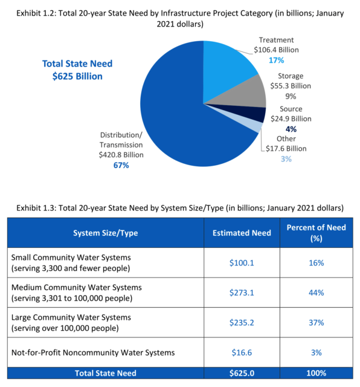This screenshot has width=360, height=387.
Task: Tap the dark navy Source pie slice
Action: coord(257,114)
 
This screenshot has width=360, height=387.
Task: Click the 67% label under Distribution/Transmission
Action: coord(121,165)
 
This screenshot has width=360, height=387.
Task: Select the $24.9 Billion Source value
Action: coord(292,119)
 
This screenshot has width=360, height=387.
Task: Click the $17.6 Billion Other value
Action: coord(286,149)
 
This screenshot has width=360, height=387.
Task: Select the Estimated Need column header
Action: coord(242,233)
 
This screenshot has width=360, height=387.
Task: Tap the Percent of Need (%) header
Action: coord(316,233)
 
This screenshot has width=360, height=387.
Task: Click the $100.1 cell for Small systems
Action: coord(242,263)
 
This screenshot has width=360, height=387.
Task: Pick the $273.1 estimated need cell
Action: coord(242,292)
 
